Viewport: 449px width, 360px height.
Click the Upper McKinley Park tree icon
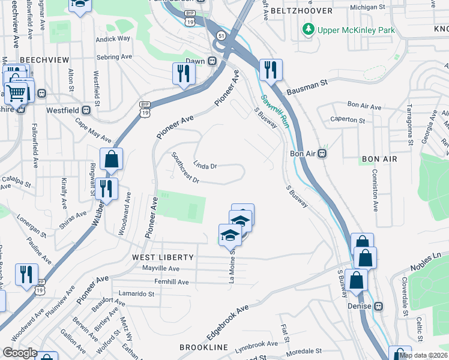(x=308, y=29)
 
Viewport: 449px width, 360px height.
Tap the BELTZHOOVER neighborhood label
(x=294, y=11)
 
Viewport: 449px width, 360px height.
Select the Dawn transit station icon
(x=212, y=61)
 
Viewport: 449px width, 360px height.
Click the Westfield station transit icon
(x=86, y=110)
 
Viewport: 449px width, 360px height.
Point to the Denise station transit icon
(x=379, y=306)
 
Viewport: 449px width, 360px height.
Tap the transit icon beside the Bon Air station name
(x=322, y=153)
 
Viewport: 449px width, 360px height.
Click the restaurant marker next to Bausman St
(x=271, y=71)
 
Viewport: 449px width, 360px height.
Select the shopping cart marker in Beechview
(x=17, y=93)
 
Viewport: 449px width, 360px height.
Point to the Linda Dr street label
(x=205, y=164)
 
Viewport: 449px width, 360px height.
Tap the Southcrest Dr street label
(x=185, y=167)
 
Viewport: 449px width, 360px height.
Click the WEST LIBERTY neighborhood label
(x=163, y=257)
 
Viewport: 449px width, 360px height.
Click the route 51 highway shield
(x=221, y=36)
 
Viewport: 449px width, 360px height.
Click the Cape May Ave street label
(x=93, y=130)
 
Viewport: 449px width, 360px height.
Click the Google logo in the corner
(x=20, y=352)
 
